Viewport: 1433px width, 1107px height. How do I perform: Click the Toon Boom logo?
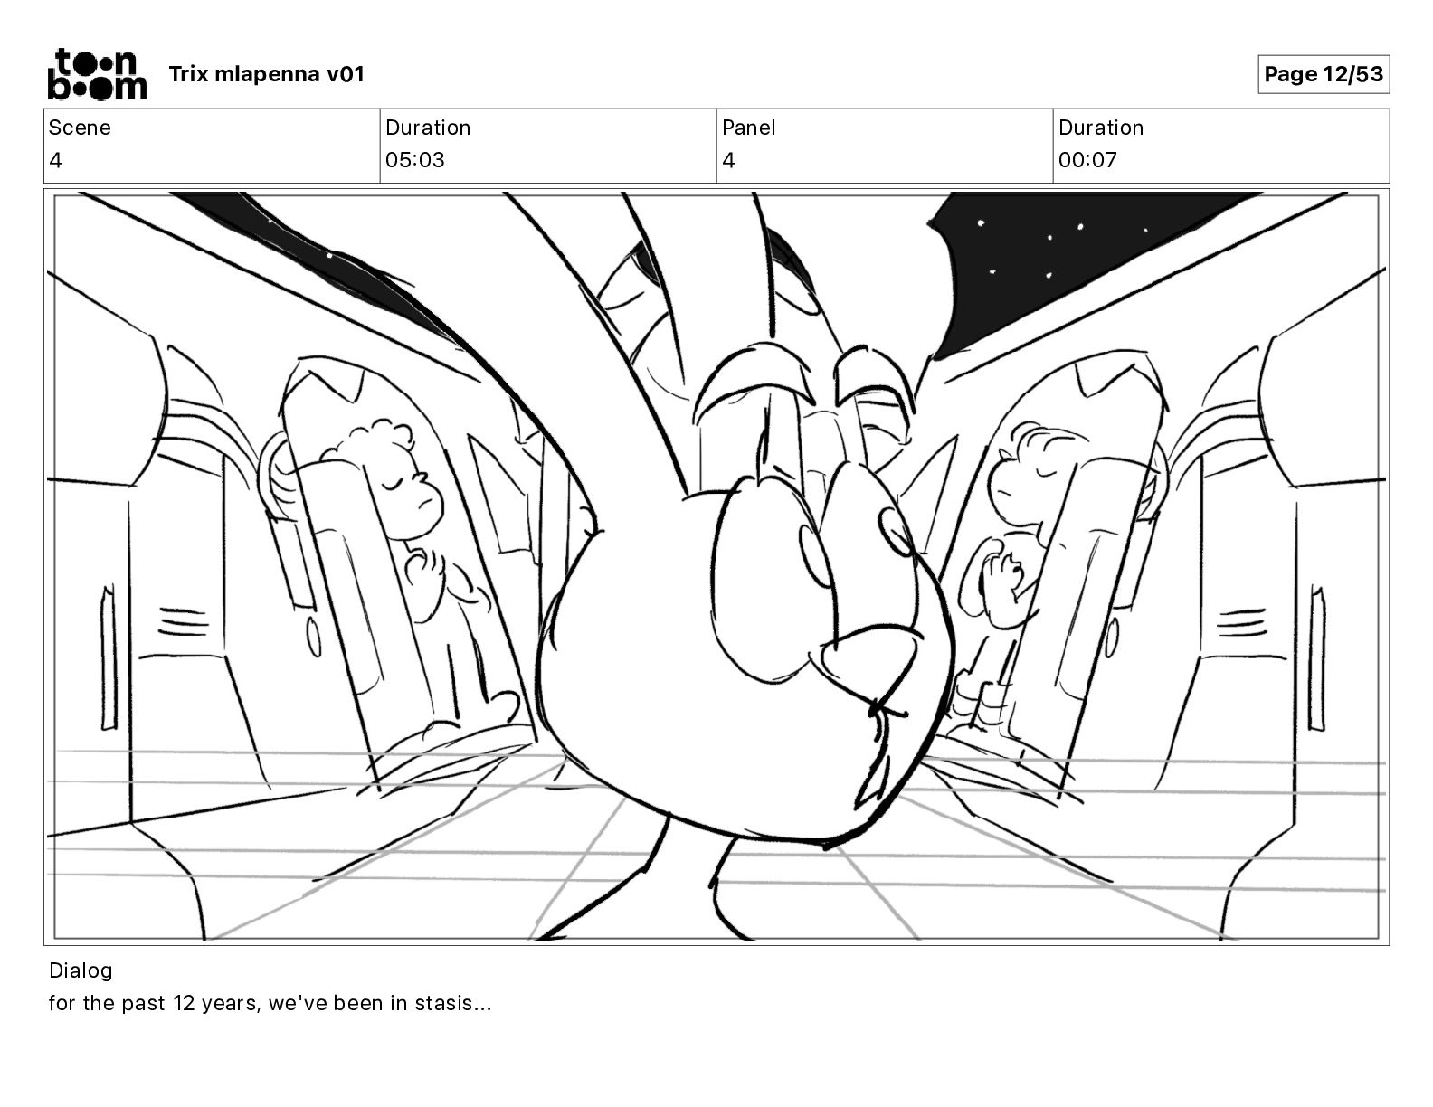point(96,74)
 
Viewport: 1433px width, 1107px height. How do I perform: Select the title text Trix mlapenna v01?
point(266,74)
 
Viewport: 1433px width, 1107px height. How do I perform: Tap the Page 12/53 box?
point(1323,74)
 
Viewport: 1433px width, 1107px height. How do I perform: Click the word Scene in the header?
point(80,128)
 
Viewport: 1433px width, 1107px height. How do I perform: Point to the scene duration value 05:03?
point(415,160)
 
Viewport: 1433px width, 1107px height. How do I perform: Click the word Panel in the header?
point(748,128)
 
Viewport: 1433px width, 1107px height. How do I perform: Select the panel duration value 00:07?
point(1087,160)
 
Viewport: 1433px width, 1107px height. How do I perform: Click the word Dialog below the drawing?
point(81,970)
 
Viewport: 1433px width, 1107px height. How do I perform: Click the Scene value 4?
point(55,160)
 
